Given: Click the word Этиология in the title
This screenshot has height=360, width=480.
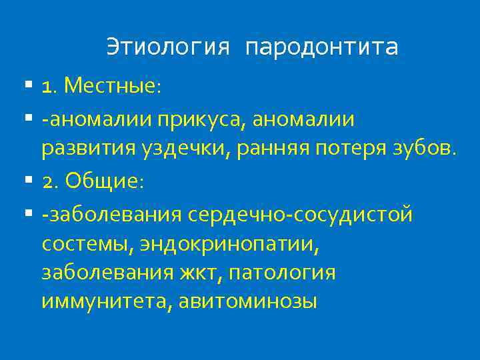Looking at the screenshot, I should [x=168, y=47].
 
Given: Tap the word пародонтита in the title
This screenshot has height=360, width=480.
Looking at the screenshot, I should [x=321, y=47].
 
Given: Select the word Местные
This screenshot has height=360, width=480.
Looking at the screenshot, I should [x=113, y=86].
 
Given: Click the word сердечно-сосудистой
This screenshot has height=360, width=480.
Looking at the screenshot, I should [x=301, y=215].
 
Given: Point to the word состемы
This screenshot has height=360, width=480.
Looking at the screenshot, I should [x=87, y=244].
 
